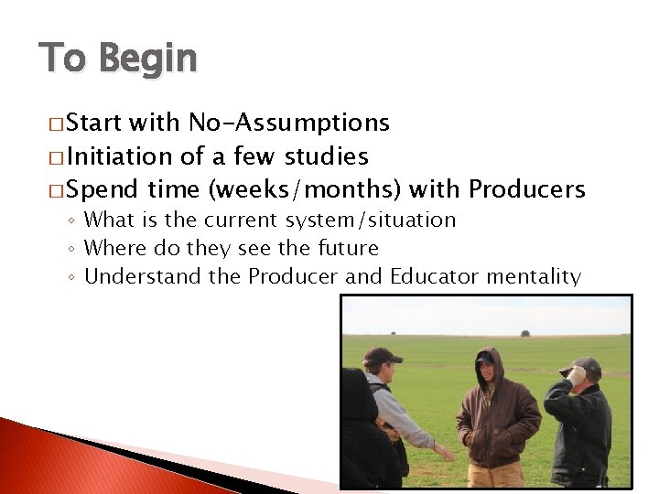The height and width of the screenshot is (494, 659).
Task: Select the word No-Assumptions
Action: coord(288,123)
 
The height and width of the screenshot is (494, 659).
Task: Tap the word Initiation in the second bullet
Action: coord(120,156)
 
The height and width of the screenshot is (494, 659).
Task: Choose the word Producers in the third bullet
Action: coord(526,189)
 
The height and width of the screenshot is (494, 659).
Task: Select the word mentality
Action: coord(536,275)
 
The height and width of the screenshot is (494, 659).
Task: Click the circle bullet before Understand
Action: coord(73,276)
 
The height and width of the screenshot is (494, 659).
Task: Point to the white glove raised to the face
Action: coord(576,374)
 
